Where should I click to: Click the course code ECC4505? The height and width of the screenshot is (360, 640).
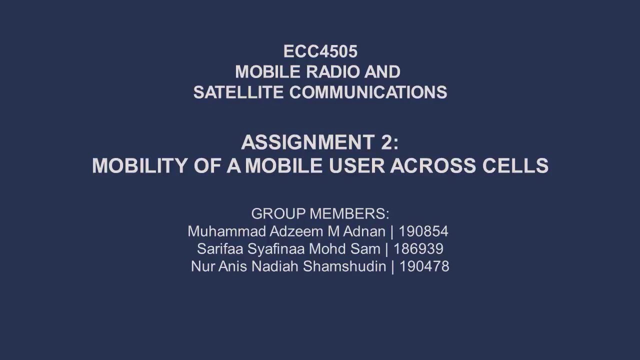coord(320,51)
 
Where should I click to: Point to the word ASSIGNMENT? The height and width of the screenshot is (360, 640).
coord(308,143)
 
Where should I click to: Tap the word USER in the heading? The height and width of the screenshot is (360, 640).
coord(356,166)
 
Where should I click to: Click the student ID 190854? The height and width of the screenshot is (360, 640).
coord(423,231)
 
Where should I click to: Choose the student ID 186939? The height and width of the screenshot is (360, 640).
coord(418,249)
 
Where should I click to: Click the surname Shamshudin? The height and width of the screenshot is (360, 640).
coord(344,266)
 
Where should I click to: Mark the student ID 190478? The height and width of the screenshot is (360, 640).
coord(424,266)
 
